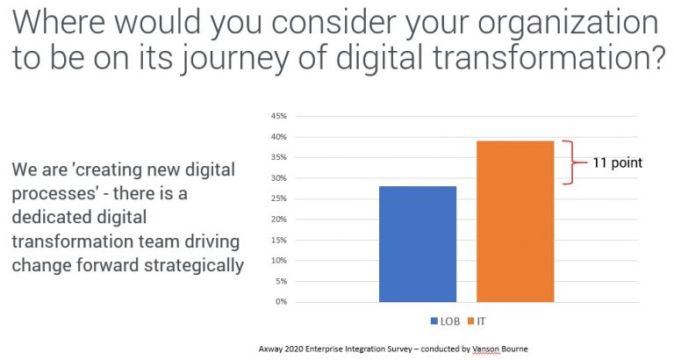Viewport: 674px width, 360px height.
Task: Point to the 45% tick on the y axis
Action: coord(278,117)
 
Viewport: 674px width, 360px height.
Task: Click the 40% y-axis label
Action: coord(278,137)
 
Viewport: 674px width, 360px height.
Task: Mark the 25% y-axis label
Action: coord(278,199)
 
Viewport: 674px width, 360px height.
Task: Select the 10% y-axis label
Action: coord(278,261)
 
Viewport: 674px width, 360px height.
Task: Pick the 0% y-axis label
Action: coord(281,302)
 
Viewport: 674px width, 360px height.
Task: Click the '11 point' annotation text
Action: coord(616,162)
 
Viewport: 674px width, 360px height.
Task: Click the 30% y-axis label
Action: coord(278,178)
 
